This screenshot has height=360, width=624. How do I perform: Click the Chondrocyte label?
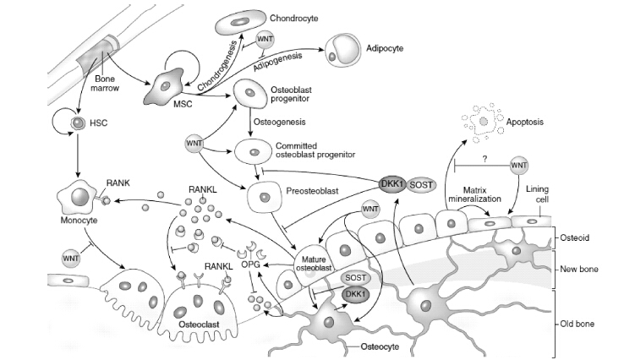294,18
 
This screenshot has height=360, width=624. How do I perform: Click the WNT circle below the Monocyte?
72,256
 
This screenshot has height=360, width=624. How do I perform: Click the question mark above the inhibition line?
484,157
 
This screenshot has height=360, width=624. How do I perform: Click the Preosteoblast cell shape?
264,199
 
